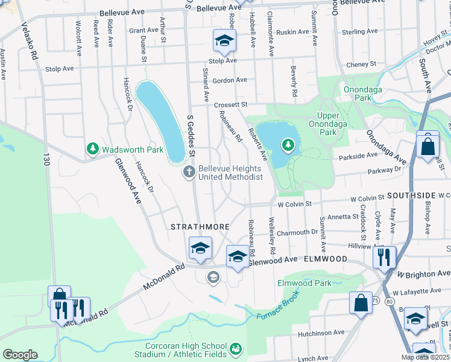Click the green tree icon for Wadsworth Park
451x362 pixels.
pos(92,148)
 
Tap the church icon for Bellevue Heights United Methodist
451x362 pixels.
pos(189,173)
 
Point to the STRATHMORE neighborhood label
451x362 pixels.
pos(200,227)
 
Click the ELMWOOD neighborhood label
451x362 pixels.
pos(325,259)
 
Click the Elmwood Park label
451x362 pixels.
pos(304,283)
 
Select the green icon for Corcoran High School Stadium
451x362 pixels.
pos(236,349)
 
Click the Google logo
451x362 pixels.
pos(20,355)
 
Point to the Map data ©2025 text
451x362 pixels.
pos(425,357)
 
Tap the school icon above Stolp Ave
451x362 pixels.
pos(224,42)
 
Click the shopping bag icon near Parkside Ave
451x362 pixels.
pos(427,147)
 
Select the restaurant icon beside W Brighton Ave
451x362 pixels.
pos(384,258)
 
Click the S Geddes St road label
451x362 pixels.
pos(191,130)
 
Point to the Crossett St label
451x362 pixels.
pos(231,105)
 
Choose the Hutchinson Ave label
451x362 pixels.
pos(321,332)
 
